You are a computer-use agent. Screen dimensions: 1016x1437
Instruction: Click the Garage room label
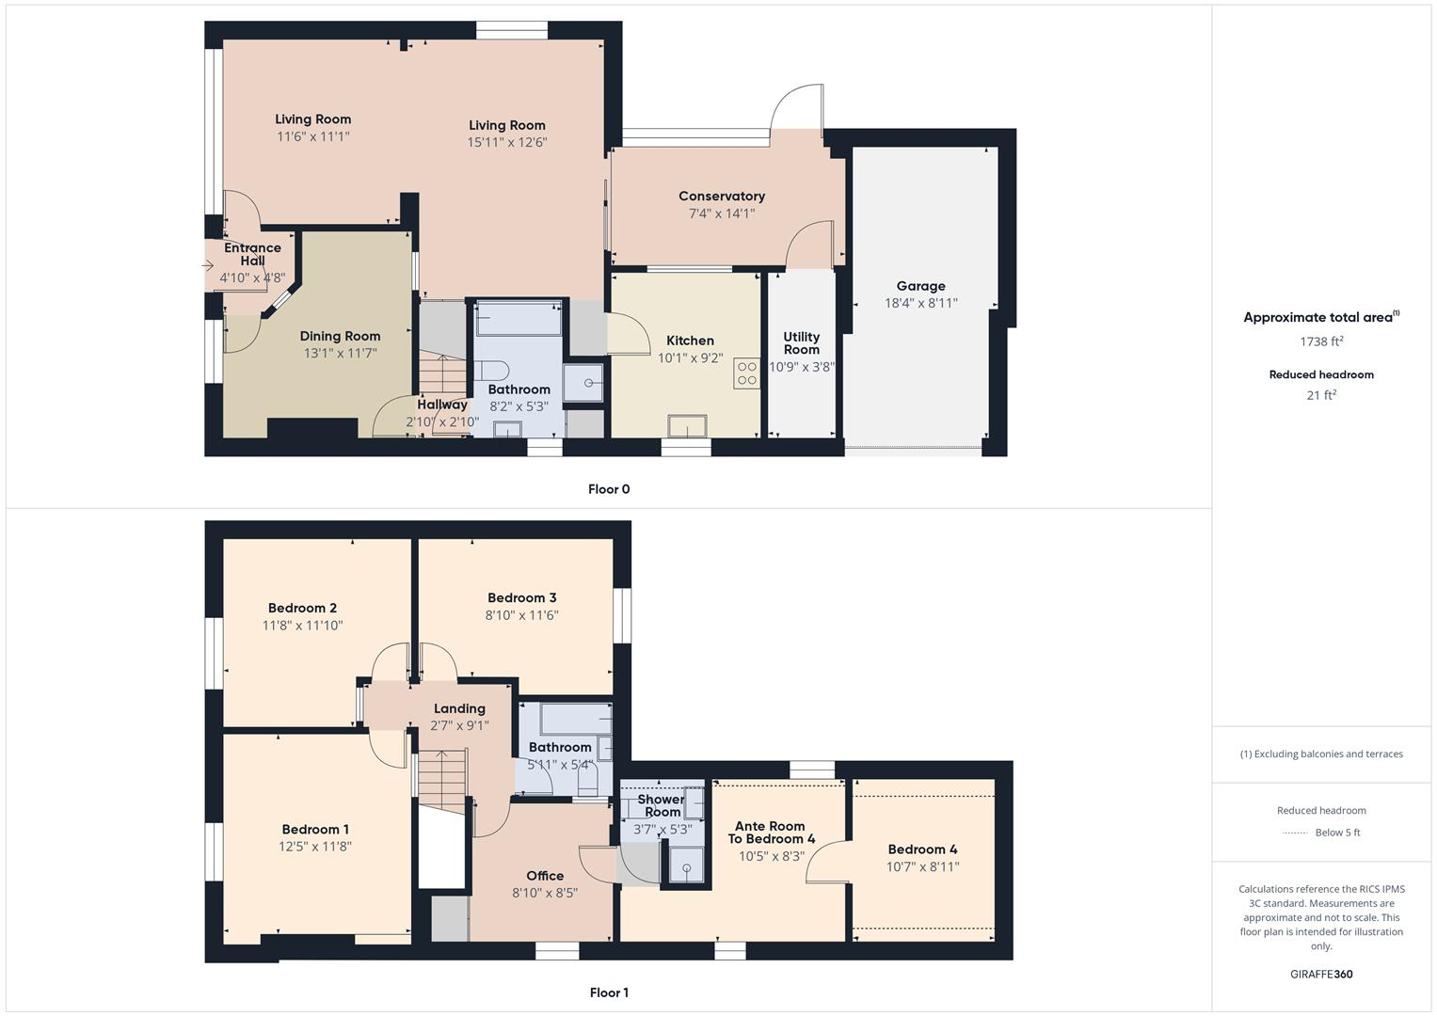click(x=920, y=286)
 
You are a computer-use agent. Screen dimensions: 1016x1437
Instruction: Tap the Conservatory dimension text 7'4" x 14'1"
click(x=722, y=214)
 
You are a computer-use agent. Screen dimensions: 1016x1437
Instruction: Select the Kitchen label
click(x=690, y=341)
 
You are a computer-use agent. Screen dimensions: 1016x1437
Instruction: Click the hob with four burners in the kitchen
click(x=747, y=373)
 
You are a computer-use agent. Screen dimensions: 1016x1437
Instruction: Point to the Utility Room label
click(x=801, y=342)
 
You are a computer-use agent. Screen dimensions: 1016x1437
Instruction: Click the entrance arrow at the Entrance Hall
click(x=208, y=266)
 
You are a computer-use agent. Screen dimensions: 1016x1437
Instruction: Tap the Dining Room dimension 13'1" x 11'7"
click(x=340, y=353)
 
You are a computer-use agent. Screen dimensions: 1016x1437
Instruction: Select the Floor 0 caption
click(x=609, y=489)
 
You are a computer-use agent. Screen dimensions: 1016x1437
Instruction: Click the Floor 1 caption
click(x=609, y=992)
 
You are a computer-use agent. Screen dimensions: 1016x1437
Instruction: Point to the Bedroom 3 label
click(x=521, y=597)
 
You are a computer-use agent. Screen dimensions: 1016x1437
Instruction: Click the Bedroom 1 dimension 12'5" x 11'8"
click(x=315, y=847)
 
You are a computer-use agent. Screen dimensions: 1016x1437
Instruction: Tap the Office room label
click(x=545, y=875)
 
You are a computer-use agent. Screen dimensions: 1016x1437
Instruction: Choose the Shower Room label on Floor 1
click(x=662, y=805)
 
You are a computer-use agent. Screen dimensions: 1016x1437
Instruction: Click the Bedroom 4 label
click(x=922, y=849)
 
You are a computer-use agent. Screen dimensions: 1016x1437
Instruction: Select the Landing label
click(x=459, y=708)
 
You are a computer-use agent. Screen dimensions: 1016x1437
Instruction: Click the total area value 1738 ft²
click(x=1321, y=341)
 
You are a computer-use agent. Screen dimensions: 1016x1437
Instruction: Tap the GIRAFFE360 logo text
click(x=1321, y=974)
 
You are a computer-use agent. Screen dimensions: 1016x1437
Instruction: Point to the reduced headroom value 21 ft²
click(x=1321, y=395)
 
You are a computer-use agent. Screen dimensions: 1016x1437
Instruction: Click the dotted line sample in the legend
click(x=1295, y=833)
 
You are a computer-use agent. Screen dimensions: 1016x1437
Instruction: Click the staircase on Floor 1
click(x=442, y=776)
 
